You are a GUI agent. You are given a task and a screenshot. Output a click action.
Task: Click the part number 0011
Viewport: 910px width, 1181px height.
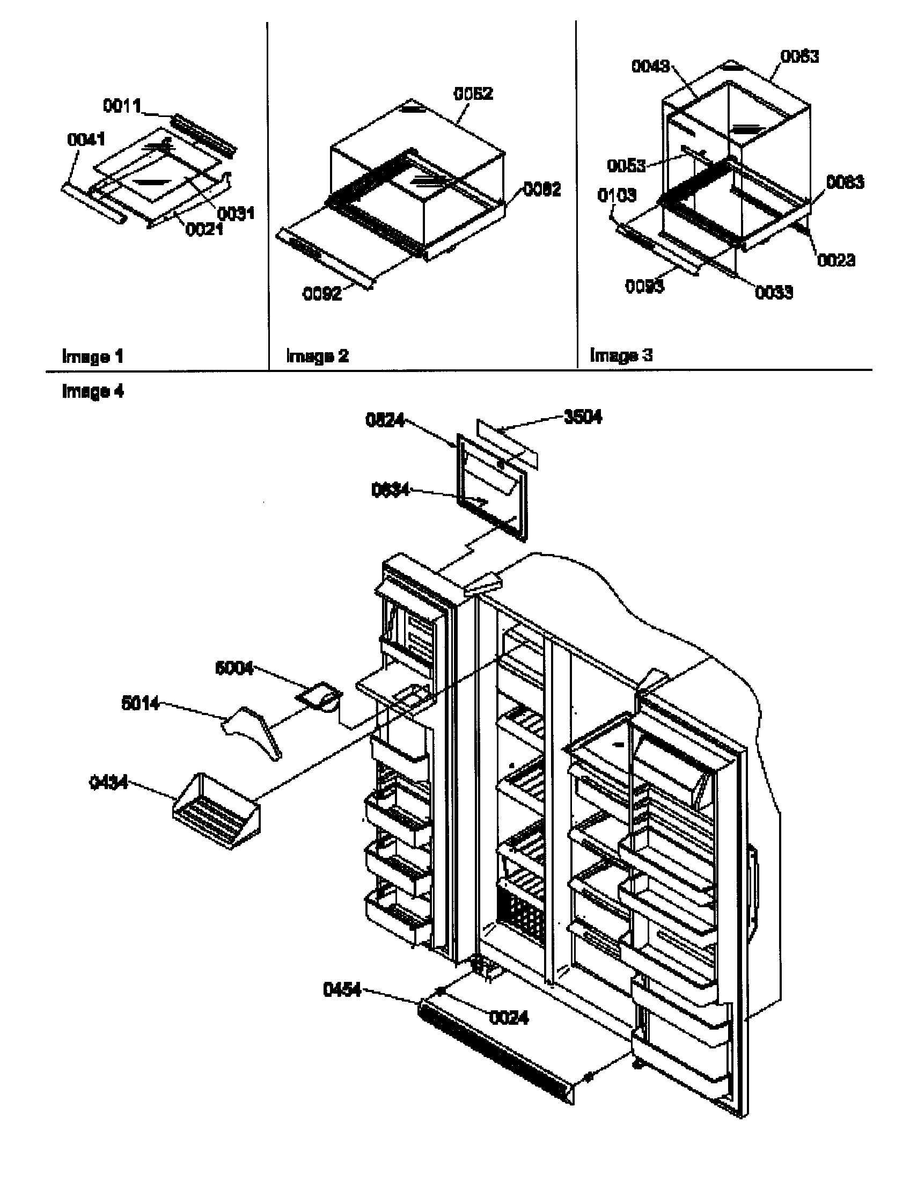122,106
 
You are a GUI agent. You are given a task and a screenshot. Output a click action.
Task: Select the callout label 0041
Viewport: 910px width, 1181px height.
85,140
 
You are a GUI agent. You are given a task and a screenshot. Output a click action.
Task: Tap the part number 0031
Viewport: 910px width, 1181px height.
236,213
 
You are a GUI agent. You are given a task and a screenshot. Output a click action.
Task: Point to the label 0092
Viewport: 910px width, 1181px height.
322,294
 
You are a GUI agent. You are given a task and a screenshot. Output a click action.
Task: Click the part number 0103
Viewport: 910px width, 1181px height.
617,195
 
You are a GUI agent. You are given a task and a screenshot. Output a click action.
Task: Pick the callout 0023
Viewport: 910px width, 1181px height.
836,260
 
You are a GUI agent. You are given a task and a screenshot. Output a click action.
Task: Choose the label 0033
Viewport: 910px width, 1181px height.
774,293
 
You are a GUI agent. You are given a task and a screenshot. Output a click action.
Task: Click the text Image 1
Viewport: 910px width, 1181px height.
92,356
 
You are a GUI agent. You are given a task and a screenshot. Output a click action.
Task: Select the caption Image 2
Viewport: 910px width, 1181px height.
317,356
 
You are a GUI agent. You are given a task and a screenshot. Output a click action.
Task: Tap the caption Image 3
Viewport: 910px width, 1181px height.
621,355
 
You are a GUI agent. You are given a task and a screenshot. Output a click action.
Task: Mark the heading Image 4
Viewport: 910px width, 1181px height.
92,391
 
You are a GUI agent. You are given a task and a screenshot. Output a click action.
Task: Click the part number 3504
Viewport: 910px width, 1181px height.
583,417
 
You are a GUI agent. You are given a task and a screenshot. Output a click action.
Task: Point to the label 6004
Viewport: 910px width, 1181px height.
234,668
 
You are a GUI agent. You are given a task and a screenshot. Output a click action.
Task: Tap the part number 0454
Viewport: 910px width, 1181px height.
342,990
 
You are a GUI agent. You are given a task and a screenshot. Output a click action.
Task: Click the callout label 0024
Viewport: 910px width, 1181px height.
509,1018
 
